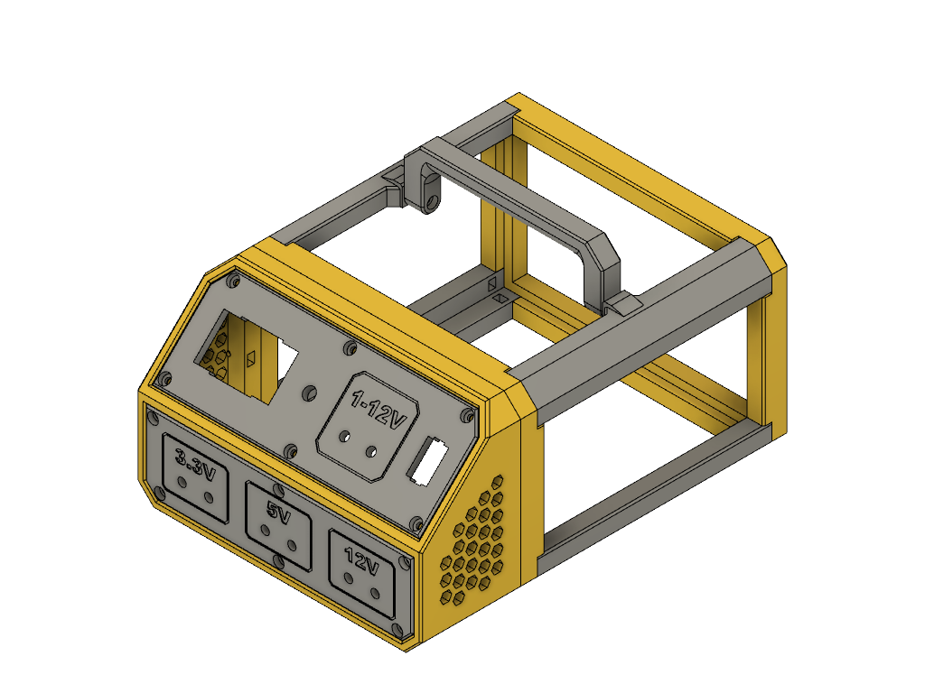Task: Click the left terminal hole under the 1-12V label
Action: [x=343, y=438]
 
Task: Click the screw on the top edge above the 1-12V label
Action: [x=349, y=346]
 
